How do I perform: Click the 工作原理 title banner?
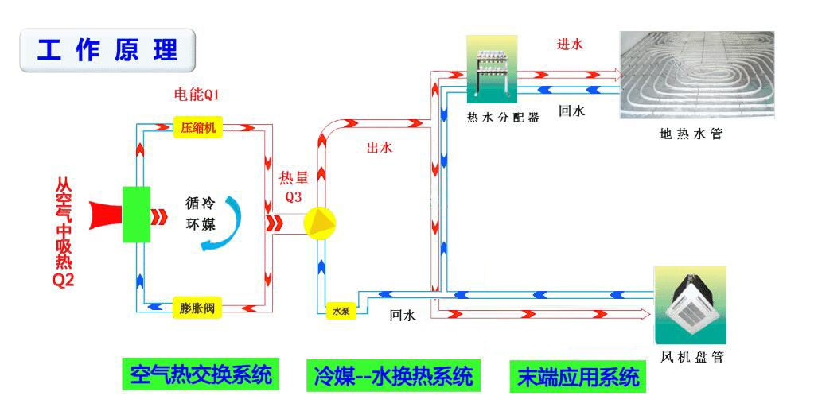[107, 50]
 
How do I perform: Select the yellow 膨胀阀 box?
[197, 306]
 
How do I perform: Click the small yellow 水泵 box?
[341, 312]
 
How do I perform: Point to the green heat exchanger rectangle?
[137, 214]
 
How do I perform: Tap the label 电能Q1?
[197, 95]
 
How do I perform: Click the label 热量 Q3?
[294, 186]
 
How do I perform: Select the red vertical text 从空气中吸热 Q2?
[64, 231]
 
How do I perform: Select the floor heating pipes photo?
[696, 75]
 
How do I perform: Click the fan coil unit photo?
[690, 305]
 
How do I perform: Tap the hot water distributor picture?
[491, 70]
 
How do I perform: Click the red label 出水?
[379, 148]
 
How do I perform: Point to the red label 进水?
[570, 45]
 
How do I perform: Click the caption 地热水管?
[691, 134]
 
